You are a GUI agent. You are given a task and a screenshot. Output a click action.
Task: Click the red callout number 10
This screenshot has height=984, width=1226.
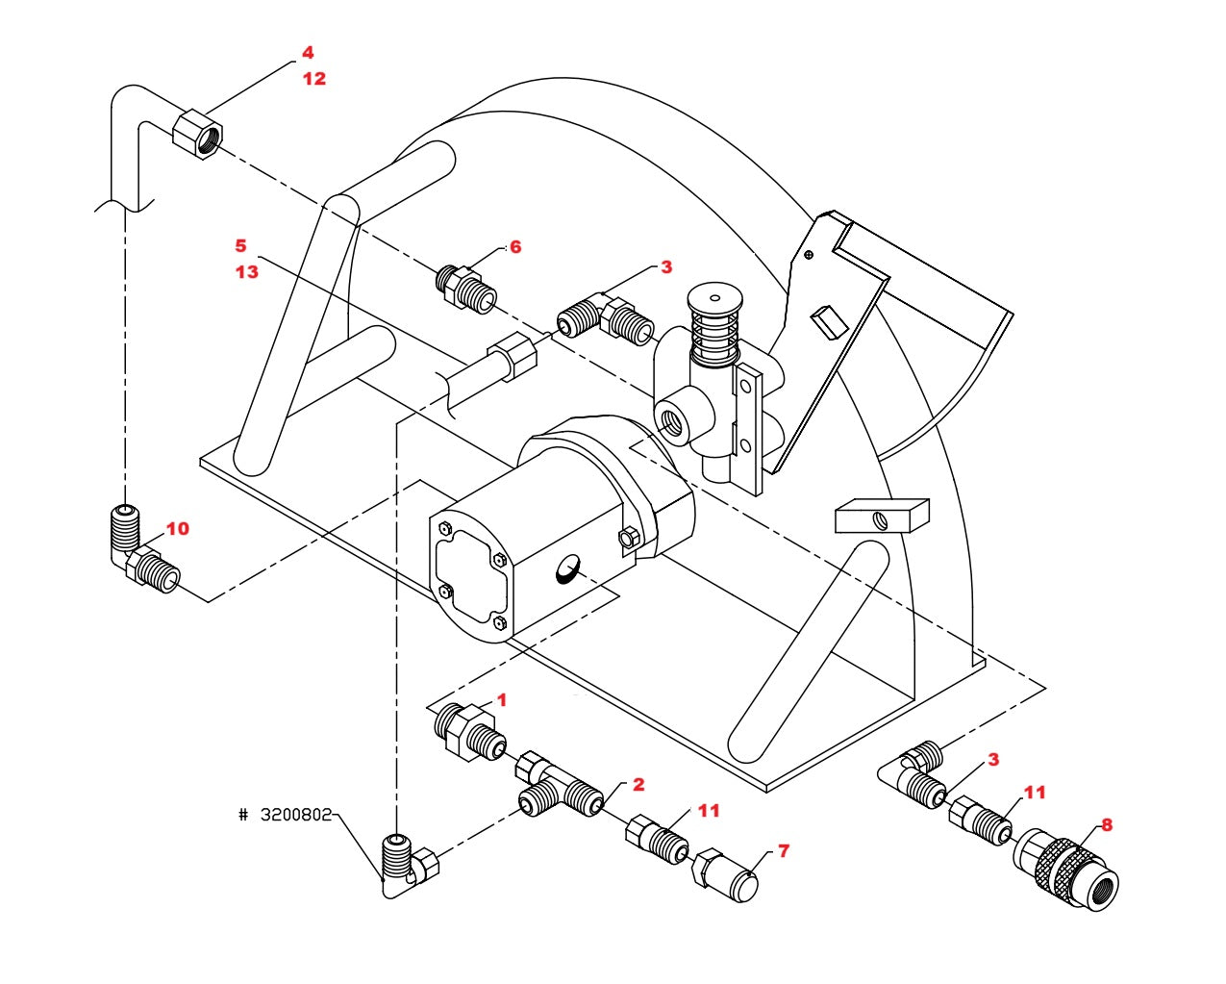[178, 529]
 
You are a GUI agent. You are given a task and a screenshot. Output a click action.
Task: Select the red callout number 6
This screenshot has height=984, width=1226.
[515, 247]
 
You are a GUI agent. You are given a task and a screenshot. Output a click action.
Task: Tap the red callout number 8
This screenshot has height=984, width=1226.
[1107, 824]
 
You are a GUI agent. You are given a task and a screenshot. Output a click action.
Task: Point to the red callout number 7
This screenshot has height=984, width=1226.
[783, 851]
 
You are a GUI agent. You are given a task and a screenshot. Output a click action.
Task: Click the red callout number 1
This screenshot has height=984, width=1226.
[500, 700]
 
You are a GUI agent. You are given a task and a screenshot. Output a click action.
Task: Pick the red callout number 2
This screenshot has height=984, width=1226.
[638, 785]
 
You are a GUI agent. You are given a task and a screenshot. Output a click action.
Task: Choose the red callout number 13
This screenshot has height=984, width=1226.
[247, 272]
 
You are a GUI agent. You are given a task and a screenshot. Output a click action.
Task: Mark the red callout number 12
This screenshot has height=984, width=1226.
[314, 79]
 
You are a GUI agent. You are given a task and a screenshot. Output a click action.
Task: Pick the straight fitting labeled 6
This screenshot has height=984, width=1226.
[465, 287]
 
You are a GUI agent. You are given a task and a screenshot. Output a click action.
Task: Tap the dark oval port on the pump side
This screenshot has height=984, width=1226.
[567, 573]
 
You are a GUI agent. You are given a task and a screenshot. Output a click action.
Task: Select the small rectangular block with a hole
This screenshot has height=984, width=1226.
[881, 516]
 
